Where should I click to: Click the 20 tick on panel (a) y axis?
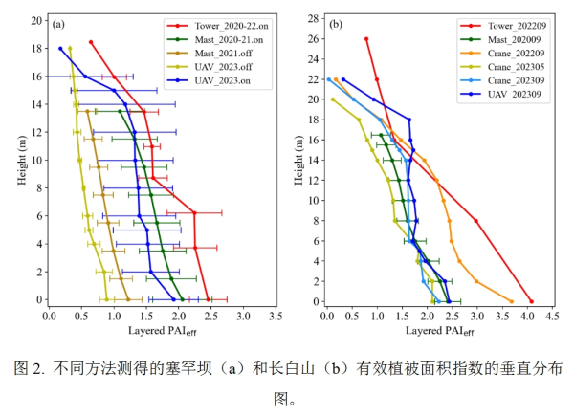pyautogui.click(x=35, y=20)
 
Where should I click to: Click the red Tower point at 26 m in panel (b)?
pyautogui.click(x=366, y=39)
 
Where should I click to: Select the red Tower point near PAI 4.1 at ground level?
pyautogui.click(x=532, y=301)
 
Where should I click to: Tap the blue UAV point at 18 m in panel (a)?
pyautogui.click(x=61, y=49)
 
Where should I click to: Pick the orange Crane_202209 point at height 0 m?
pyautogui.click(x=512, y=301)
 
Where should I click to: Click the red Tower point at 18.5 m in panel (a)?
pyautogui.click(x=91, y=42)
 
